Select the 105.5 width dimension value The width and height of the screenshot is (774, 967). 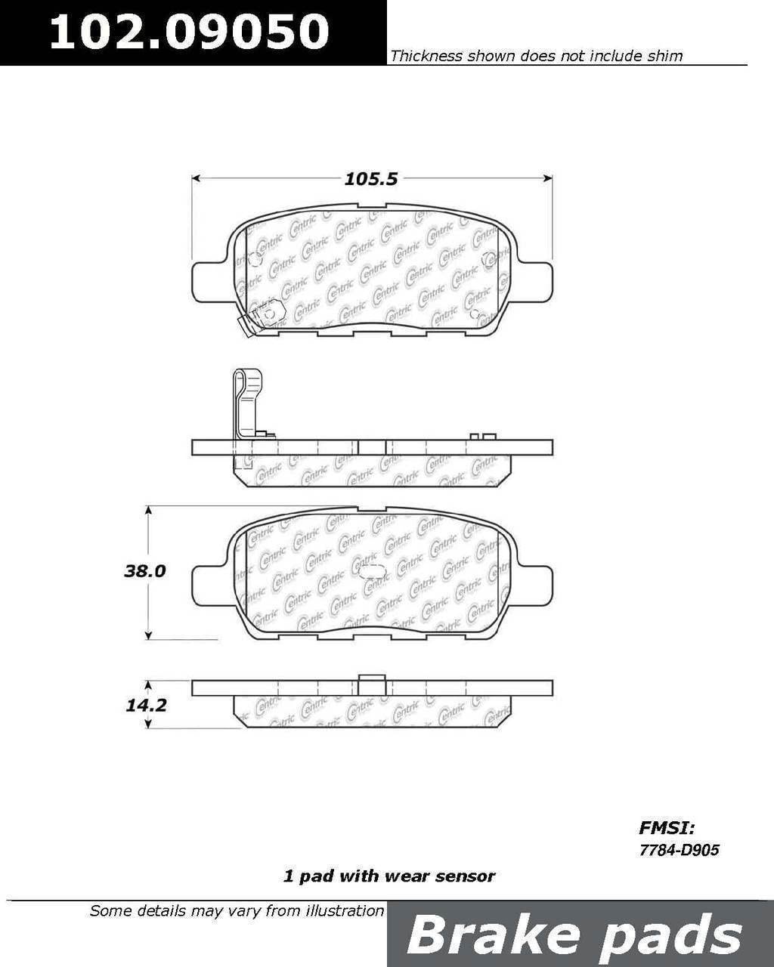coord(371,179)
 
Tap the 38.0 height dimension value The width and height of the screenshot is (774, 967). coord(145,571)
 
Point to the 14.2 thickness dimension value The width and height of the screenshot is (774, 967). coord(146,705)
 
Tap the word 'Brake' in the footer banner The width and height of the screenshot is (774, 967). coord(493,935)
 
